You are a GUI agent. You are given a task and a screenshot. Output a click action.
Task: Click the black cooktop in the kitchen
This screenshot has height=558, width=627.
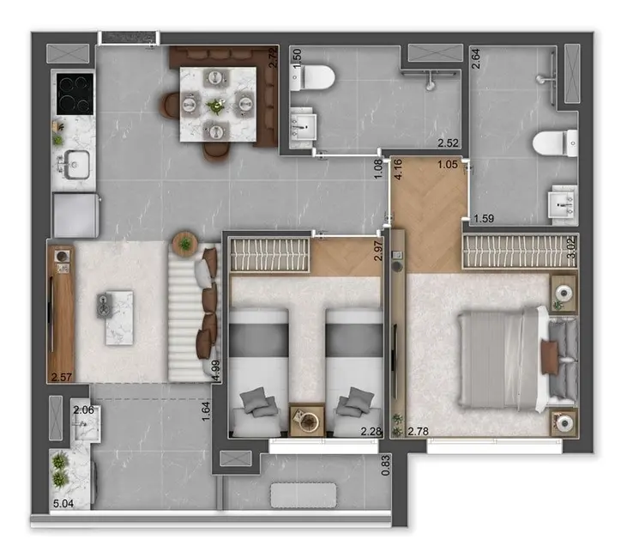75,93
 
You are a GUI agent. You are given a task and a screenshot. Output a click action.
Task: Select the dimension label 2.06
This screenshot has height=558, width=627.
82,411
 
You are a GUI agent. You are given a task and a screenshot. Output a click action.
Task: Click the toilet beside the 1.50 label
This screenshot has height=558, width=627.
313,79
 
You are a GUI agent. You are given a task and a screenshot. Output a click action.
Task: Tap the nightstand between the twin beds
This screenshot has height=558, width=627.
305,421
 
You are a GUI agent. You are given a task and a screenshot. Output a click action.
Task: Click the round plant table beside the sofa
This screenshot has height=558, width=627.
184,244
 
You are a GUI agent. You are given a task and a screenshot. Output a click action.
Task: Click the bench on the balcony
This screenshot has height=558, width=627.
304,495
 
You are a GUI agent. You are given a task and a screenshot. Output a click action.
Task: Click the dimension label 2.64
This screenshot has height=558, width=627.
476,58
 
